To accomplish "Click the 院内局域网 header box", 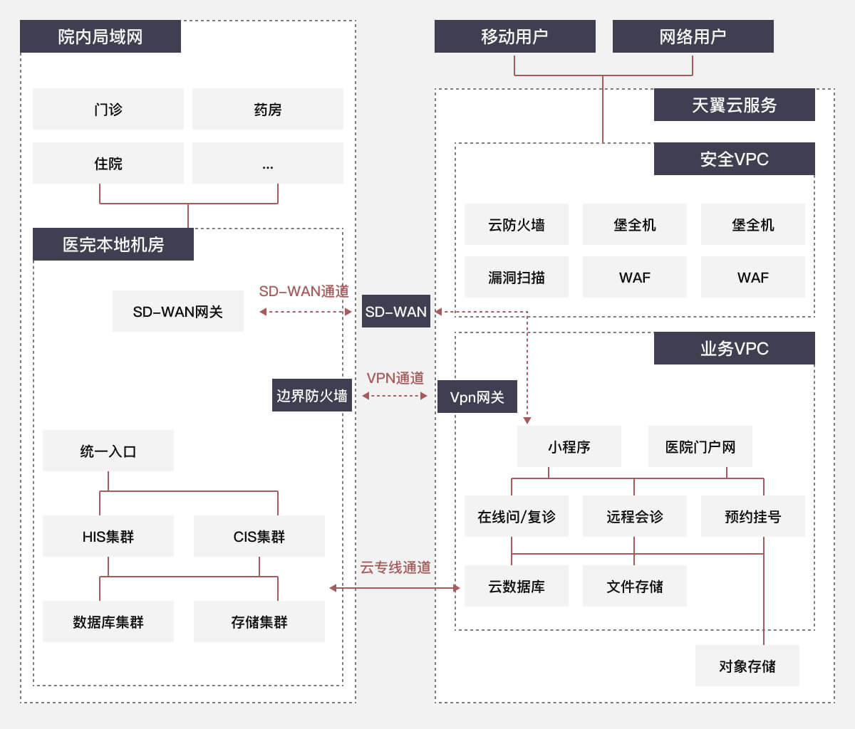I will pos(100,36).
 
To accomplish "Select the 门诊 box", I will pos(108,109).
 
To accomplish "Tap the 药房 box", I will pos(268,109).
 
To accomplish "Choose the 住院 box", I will pos(108,163).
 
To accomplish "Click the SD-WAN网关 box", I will pos(178,311).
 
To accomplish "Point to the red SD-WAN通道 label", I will pos(304,291).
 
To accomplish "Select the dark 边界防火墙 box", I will pos(312,395).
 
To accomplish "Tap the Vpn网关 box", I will pos(477,397).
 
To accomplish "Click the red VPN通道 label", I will pos(395,378).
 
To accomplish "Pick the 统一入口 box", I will pos(108,451).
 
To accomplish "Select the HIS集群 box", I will pos(108,536).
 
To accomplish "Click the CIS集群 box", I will pos(259,536).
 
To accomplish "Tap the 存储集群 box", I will pos(259,622).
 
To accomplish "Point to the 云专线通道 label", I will pos(395,567).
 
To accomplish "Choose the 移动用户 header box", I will pos(514,36).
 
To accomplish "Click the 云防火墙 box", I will pos(517,224).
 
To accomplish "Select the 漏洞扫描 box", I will pos(517,277).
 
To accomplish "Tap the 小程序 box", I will pos(569,446).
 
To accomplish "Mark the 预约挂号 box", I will pos(753,516).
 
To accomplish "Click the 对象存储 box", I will pos(747,666).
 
